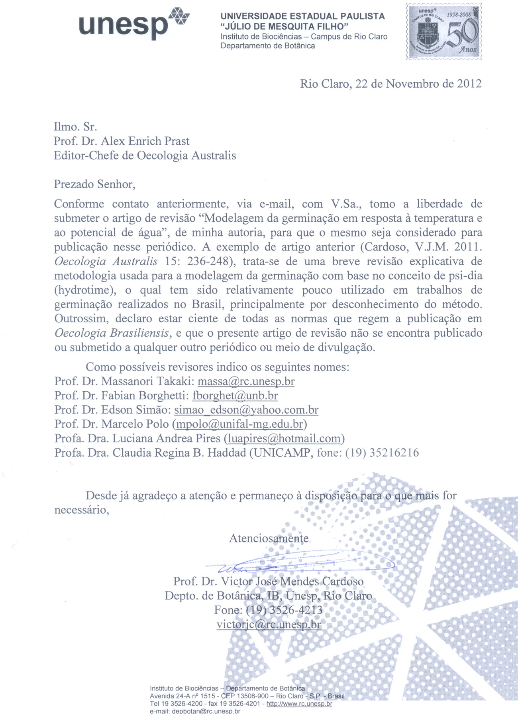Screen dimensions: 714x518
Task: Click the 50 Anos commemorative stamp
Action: point(444,32)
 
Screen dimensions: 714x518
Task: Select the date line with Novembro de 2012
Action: point(390,84)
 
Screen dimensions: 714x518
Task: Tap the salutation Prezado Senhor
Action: point(94,184)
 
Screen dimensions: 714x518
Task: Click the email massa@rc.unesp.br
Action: point(246,381)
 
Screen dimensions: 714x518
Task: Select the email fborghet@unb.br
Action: point(235,396)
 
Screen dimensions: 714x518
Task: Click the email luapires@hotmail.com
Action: point(284,439)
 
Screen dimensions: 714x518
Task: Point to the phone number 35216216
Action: point(394,453)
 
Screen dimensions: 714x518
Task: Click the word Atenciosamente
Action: point(269,538)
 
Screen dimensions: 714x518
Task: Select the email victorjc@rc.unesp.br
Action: point(269,625)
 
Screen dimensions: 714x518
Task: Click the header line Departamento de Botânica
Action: point(268,46)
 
